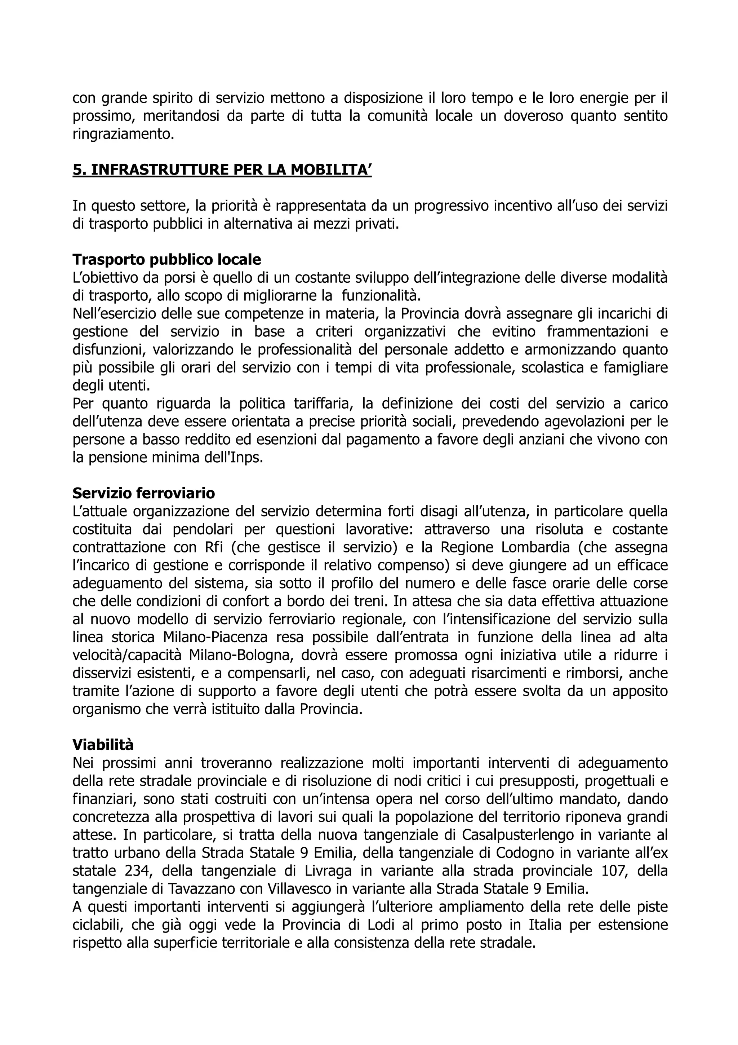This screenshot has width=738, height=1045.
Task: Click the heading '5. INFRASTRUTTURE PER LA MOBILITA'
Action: [x=222, y=170]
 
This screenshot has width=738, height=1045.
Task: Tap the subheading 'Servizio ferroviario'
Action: [x=144, y=493]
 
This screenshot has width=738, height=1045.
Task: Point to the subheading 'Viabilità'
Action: [x=103, y=745]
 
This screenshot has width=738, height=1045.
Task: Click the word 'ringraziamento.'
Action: [x=123, y=134]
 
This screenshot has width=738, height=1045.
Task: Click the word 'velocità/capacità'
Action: [x=127, y=655]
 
